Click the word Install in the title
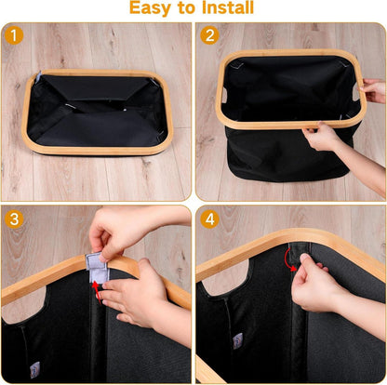(228, 7)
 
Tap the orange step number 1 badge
(14, 35)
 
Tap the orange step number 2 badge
(209, 35)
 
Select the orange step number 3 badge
(14, 219)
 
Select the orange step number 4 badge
(209, 219)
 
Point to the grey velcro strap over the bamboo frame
(98, 267)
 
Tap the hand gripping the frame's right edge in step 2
(374, 90)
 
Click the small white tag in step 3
(34, 370)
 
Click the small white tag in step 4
(238, 341)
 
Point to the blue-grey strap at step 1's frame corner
(38, 77)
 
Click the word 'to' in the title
(186, 8)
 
